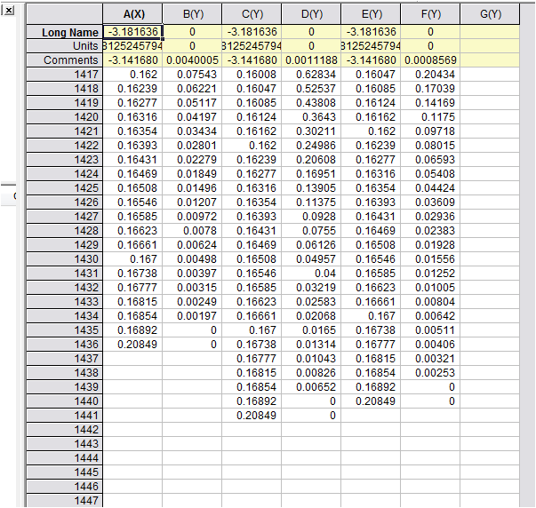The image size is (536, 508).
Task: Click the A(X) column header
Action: (133, 14)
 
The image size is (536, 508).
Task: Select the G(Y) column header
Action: (490, 14)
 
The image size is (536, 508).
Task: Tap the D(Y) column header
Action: (311, 14)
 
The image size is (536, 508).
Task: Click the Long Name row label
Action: (64, 32)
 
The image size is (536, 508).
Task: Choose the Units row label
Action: (64, 46)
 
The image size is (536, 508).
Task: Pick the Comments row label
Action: (64, 60)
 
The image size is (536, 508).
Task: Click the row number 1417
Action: (64, 75)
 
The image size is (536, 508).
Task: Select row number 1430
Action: (64, 259)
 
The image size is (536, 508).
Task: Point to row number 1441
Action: (64, 416)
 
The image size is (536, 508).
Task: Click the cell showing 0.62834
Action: (311, 75)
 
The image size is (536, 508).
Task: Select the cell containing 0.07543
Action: (192, 75)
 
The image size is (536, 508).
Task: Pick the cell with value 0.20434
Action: (430, 75)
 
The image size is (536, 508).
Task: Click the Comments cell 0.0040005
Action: (192, 60)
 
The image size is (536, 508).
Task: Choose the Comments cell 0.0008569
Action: (430, 60)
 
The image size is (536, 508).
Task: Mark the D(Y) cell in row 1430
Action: (311, 259)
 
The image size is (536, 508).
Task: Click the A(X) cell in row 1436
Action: (133, 345)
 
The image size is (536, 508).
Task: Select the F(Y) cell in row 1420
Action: (430, 117)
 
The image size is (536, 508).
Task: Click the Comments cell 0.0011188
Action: (311, 60)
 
